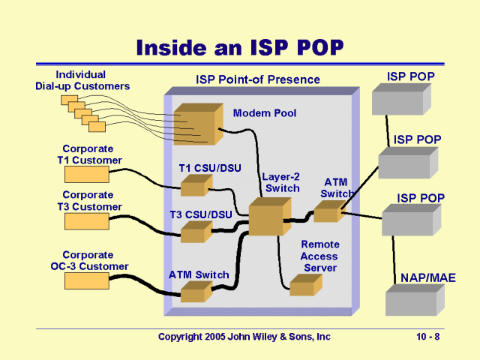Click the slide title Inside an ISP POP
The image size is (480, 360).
click(239, 48)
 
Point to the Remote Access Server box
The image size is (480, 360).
click(305, 286)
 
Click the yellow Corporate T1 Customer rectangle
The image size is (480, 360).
click(87, 175)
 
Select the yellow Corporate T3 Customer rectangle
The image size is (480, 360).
click(87, 221)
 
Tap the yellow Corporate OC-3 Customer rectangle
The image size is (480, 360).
click(87, 280)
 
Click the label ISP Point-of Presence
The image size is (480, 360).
click(258, 79)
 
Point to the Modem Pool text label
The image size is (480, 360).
click(265, 113)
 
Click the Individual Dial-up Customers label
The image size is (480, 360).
click(82, 80)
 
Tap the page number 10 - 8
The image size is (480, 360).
click(428, 337)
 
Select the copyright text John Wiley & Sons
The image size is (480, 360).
click(244, 337)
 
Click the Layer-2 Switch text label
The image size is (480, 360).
click(280, 182)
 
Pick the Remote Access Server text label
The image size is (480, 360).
click(320, 256)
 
